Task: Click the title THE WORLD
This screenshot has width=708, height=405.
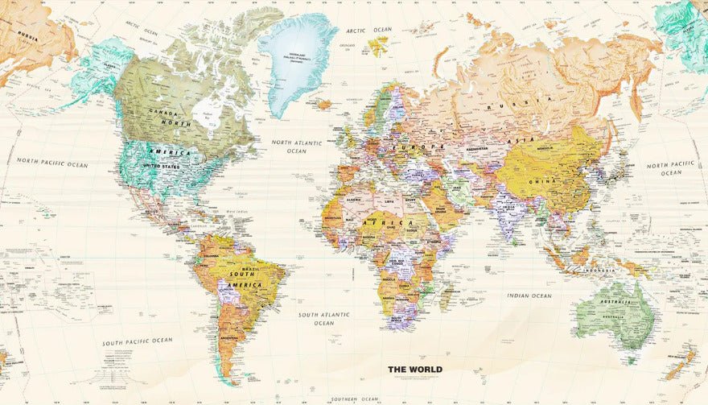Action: click(x=415, y=370)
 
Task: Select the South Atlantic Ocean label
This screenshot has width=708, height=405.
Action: click(x=323, y=319)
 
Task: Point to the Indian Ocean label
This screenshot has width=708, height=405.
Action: click(x=529, y=296)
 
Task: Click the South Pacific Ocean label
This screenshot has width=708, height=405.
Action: click(x=137, y=341)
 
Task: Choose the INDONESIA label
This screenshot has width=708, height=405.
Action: click(x=599, y=271)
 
